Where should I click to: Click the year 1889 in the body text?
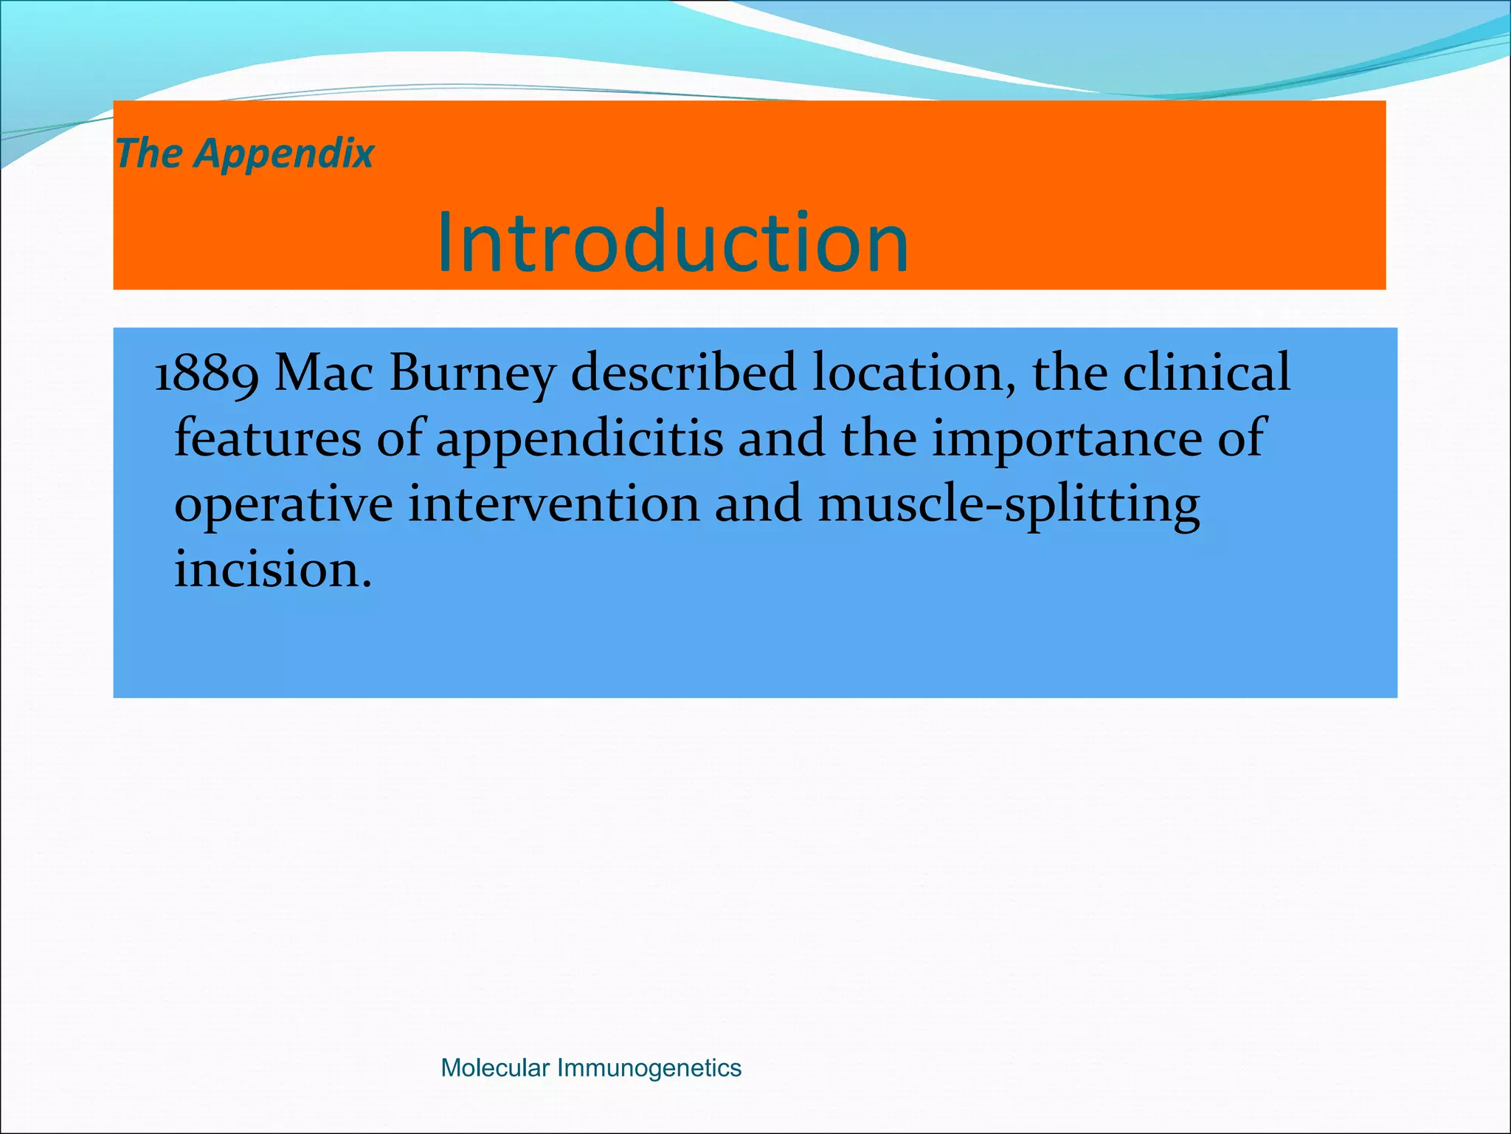tap(206, 373)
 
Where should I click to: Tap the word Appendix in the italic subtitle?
tap(285, 154)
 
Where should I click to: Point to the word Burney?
tap(472, 373)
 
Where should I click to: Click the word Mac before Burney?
tap(324, 373)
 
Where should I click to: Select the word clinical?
tap(1206, 373)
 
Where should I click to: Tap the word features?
tap(267, 438)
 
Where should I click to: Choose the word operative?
tap(283, 505)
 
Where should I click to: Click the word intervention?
tap(553, 504)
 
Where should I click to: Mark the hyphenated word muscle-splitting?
tap(1009, 505)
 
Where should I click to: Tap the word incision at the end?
tap(266, 570)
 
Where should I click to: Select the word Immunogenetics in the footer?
tap(649, 1068)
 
